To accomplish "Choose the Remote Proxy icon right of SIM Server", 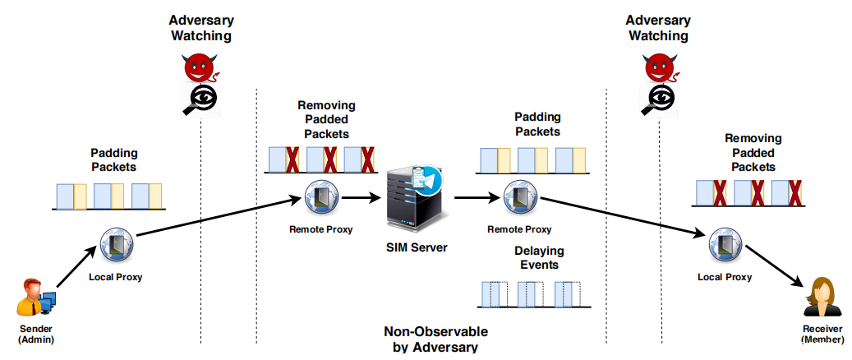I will [518, 197].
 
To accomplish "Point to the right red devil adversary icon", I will [657, 66].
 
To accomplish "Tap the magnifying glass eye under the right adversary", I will [658, 99].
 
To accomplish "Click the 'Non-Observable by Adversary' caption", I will [435, 339].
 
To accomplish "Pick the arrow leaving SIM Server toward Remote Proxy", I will [476, 197].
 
